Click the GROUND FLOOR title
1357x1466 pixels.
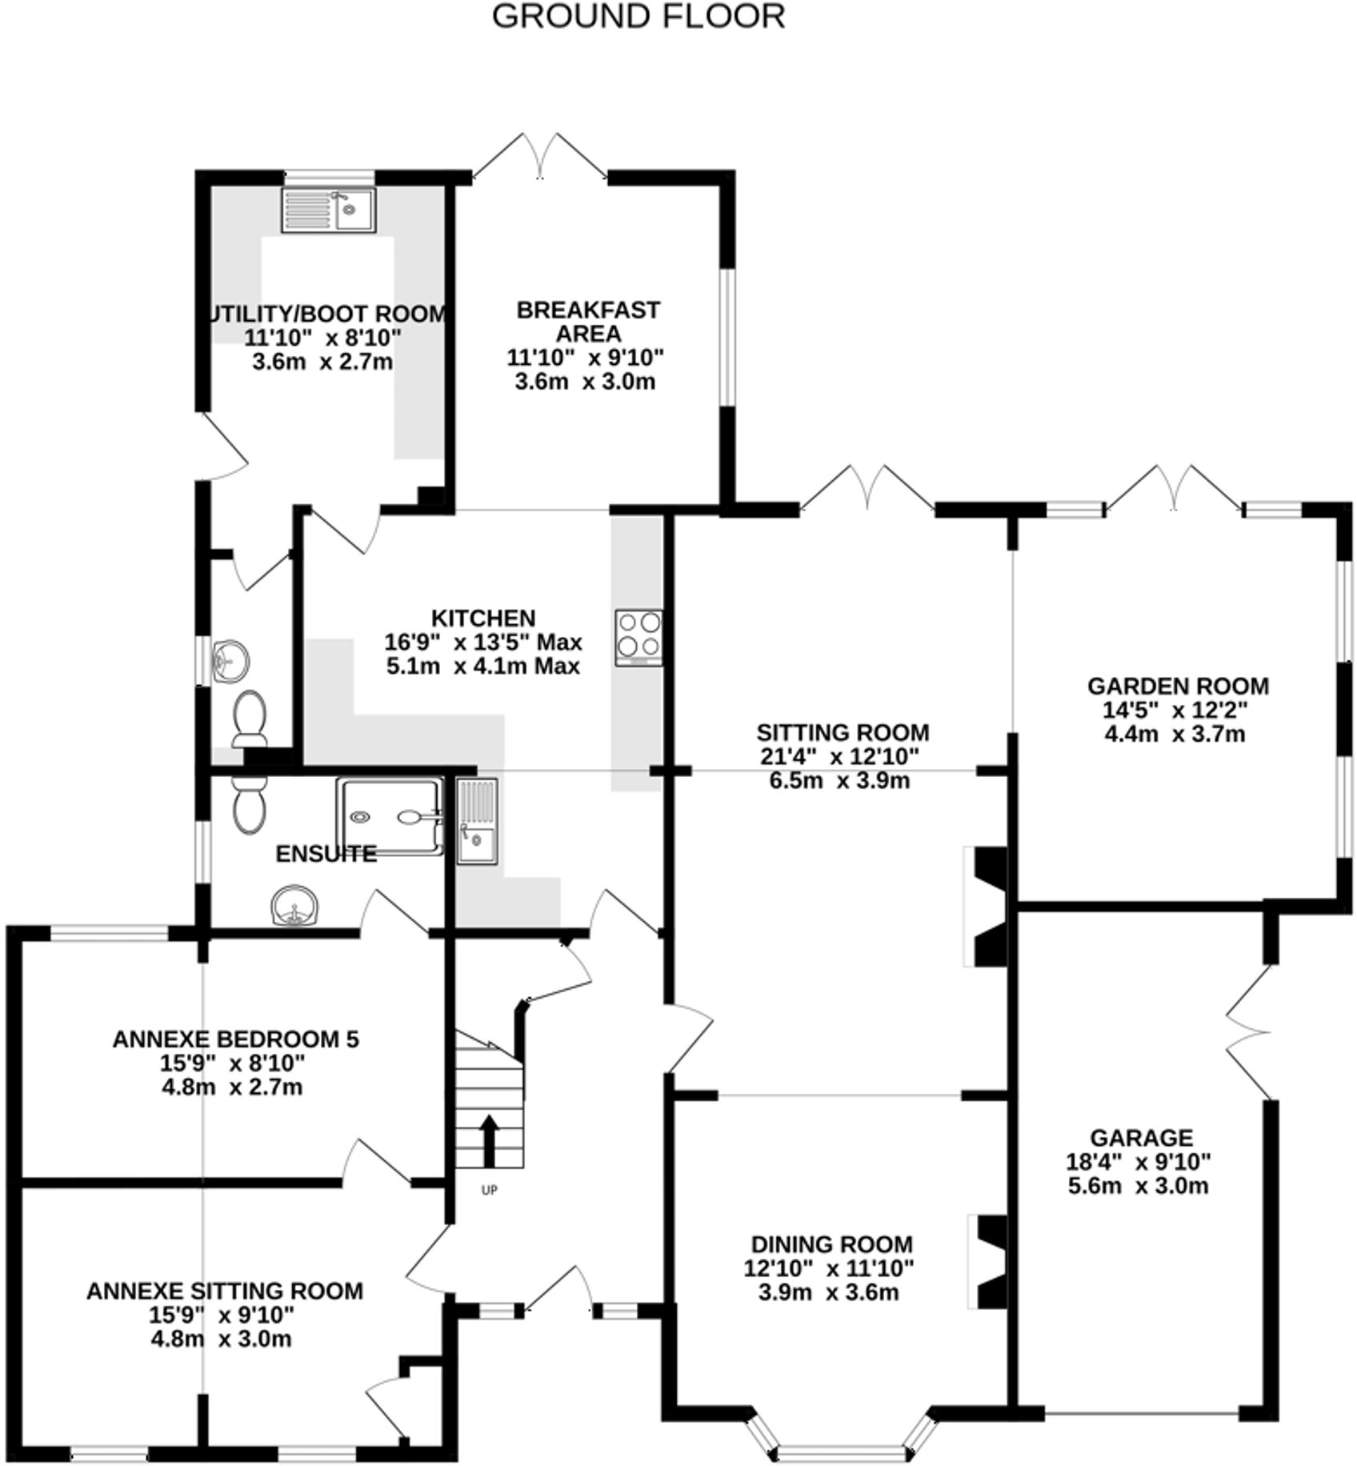pos(638,17)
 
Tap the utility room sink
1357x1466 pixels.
pos(328,210)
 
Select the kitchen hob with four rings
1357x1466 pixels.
pos(638,638)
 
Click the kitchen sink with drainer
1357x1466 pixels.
pos(477,821)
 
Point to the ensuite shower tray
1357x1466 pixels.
pos(390,816)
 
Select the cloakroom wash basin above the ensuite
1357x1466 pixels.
pos(231,662)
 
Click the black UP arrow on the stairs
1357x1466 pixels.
pos(488,1140)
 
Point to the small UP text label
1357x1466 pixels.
pos(489,1190)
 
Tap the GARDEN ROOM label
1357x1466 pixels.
pos(1178,686)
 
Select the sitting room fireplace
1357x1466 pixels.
pos(988,907)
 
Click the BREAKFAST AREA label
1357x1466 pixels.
pos(588,321)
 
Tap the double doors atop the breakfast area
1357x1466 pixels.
pos(540,158)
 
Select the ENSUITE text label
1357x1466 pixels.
pos(326,854)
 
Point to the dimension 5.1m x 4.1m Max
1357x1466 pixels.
pos(482,666)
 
